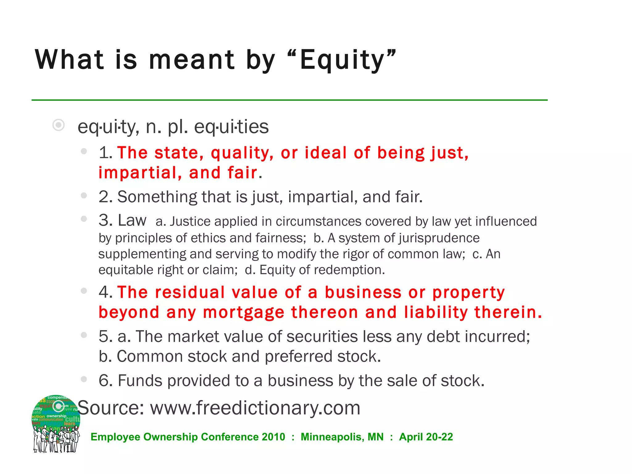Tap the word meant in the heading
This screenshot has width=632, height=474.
[191, 60]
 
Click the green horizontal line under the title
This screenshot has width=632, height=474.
[289, 100]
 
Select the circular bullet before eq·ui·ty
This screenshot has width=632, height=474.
[59, 125]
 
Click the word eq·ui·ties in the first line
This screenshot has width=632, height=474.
[231, 127]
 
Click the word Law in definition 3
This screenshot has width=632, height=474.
[132, 220]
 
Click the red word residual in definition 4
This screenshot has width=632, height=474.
[190, 293]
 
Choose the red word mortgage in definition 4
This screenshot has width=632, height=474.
[243, 313]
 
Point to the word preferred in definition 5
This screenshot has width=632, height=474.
[298, 357]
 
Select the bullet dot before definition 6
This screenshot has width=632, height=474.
[84, 379]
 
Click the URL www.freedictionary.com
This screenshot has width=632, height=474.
[255, 408]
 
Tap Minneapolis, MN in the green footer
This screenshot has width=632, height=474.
[342, 437]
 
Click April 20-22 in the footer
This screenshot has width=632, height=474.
[426, 437]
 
